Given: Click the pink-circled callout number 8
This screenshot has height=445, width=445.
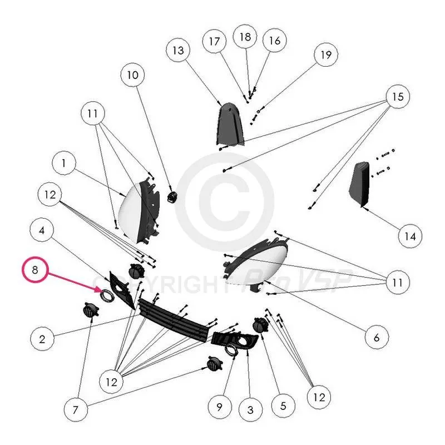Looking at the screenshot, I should [35, 271].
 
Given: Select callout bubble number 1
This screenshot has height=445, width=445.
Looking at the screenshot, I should [64, 164].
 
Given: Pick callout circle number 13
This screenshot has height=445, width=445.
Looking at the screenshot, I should [177, 50].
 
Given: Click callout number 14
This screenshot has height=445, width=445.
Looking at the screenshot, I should [410, 236].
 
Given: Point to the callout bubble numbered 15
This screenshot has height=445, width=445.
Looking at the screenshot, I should [397, 97].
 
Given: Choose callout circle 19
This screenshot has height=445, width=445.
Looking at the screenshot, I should [326, 55].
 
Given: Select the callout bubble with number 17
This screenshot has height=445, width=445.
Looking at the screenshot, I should [215, 41].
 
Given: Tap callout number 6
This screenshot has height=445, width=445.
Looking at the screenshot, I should [376, 337].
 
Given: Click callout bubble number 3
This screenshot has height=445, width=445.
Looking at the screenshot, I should [250, 411].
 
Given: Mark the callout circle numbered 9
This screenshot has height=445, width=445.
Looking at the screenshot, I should [219, 407].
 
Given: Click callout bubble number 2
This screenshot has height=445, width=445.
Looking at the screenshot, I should [42, 338].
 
